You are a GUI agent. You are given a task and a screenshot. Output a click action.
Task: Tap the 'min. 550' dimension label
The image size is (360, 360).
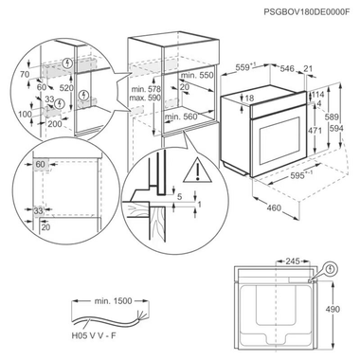tap(198, 74)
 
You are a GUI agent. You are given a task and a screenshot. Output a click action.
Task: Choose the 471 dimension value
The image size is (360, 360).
tap(319, 128)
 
